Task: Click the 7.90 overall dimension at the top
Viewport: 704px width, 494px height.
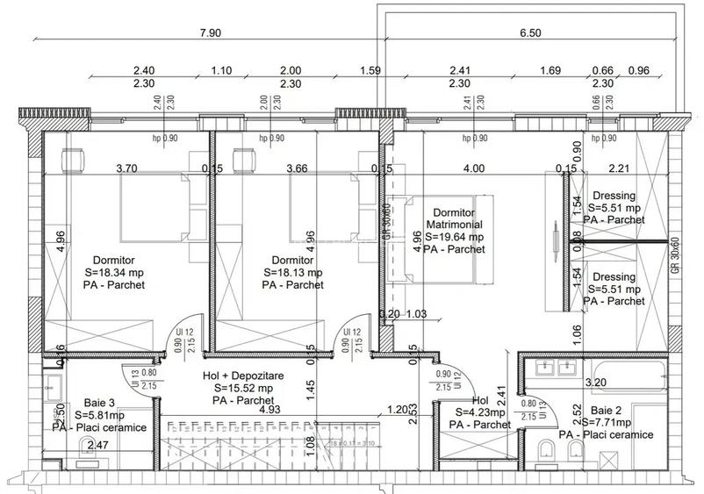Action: point(210,32)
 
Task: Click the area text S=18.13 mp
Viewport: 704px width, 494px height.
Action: point(292,273)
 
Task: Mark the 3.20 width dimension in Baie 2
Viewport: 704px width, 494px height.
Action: point(597,383)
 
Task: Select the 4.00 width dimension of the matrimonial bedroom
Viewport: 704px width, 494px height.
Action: point(474,168)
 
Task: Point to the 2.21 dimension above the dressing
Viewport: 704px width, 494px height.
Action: point(620,168)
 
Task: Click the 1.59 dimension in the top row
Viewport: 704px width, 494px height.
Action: point(370,70)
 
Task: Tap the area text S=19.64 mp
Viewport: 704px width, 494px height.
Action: point(455,237)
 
